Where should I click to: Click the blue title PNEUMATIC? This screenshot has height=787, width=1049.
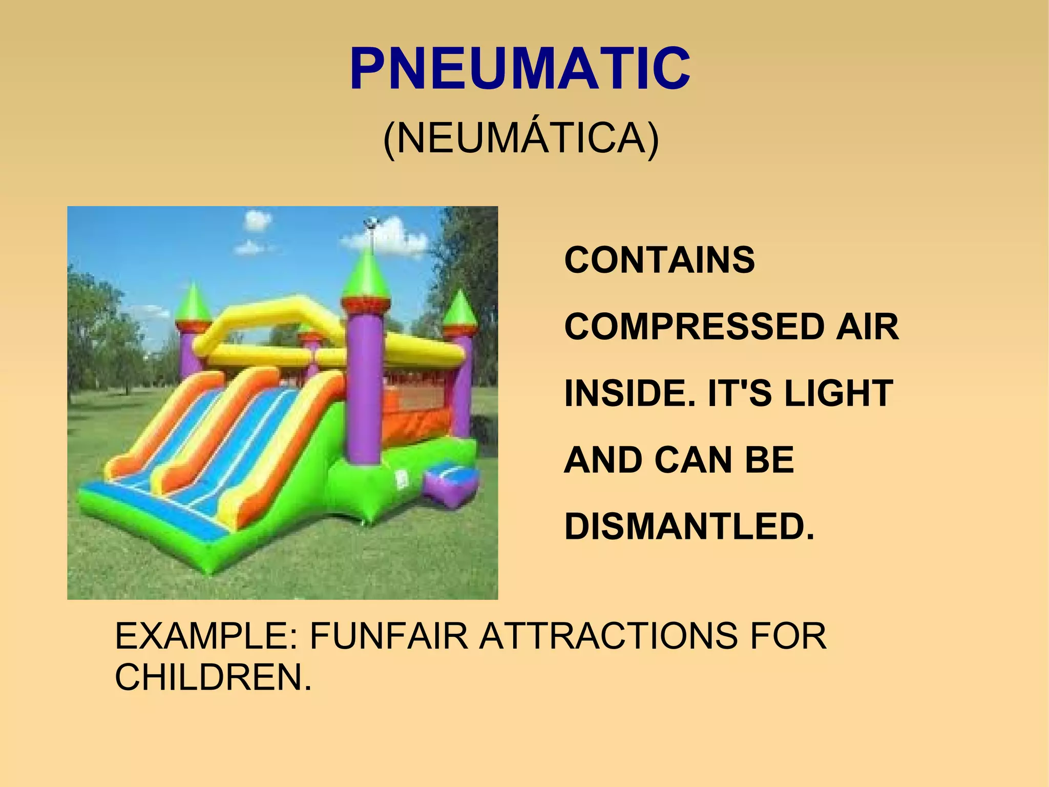[x=520, y=68]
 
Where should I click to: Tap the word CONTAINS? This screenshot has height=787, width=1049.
[x=659, y=260]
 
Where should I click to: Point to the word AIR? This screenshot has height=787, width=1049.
[x=867, y=327]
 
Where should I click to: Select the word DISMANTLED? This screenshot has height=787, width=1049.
[x=689, y=527]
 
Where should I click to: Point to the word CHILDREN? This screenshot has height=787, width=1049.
[x=213, y=677]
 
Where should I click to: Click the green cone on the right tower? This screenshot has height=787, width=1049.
[x=460, y=309]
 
